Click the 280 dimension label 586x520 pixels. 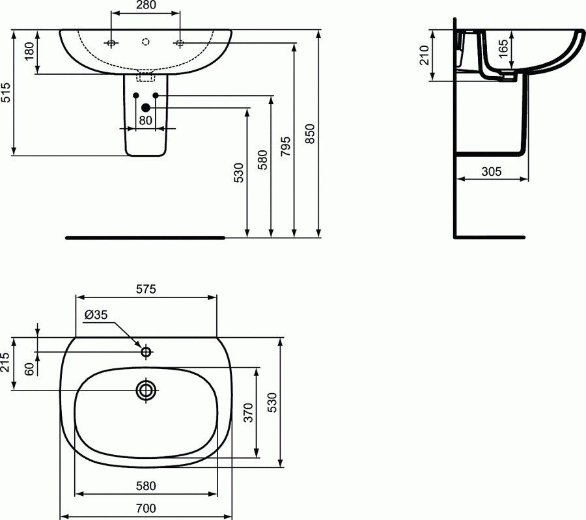[146, 6]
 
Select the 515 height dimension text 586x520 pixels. [6, 92]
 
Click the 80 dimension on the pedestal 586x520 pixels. [145, 120]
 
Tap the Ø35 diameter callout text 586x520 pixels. [96, 315]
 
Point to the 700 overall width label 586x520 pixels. [146, 508]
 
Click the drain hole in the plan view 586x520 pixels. [146, 390]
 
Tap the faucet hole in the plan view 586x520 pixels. [146, 352]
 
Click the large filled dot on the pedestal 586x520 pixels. [145, 107]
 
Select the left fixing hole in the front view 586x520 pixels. [111, 43]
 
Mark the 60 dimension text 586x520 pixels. [29, 368]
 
